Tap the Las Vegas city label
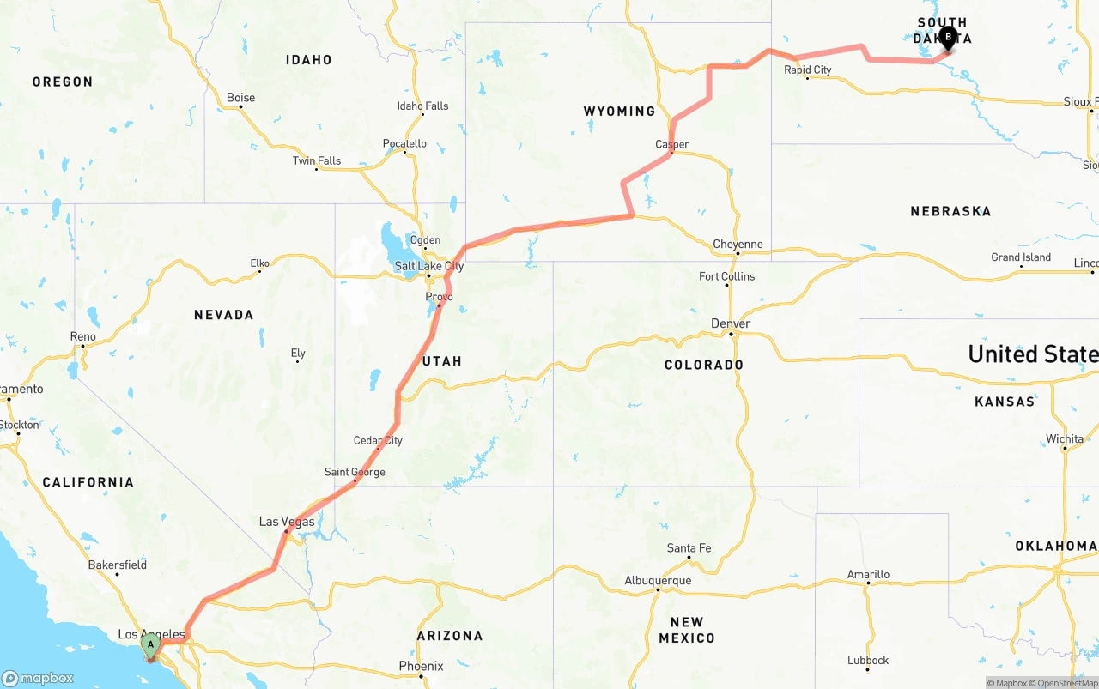coord(287,522)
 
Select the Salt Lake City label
coord(429,266)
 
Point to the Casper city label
coord(672,144)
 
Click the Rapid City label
coord(808,70)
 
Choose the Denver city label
coord(731,323)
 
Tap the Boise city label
coord(240,98)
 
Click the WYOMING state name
coord(619,112)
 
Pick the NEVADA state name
coord(223,315)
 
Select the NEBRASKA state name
coord(950,211)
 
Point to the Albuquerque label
coord(658,581)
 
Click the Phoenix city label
coord(421,666)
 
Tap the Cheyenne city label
coord(738,245)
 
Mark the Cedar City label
coord(378,441)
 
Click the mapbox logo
coord(38,678)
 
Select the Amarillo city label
coord(868,575)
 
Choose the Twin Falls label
coord(317,160)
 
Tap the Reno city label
coord(83,336)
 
